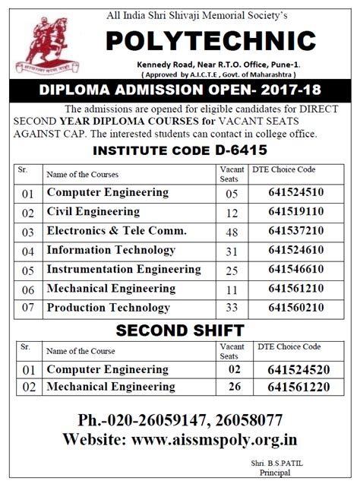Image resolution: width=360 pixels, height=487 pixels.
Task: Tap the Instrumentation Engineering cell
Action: click(x=123, y=270)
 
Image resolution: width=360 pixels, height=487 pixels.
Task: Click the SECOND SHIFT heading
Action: click(x=179, y=330)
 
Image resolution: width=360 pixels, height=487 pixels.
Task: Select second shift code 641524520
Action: click(x=297, y=369)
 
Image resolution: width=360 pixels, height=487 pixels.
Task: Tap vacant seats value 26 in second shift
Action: click(x=234, y=387)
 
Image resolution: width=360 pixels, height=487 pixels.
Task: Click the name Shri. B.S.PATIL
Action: click(x=283, y=462)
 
